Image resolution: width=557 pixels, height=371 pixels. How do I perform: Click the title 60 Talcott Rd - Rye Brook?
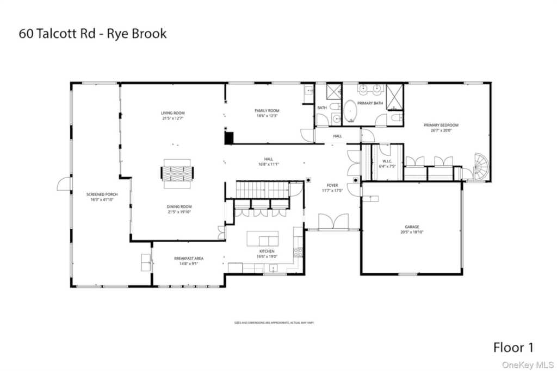coord(93,34)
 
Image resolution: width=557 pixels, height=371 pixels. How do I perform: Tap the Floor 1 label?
coord(513,347)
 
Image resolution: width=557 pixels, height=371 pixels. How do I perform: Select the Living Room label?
coord(173,116)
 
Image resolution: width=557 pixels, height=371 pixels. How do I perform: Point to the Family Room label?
coord(267,113)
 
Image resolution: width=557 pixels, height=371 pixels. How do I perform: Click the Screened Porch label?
coord(102,197)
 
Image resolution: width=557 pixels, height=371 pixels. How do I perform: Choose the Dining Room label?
coord(179,209)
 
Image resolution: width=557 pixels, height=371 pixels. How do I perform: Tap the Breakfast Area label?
coord(189,261)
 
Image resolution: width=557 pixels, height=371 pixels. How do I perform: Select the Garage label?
coord(412,229)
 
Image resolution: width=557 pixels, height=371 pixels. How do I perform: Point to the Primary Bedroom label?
coord(441,127)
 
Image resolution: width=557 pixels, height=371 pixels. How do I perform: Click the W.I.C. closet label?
coord(387,164)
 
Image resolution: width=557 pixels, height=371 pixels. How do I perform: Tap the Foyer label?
coord(332,187)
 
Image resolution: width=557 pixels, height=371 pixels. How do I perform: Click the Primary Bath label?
coord(370,103)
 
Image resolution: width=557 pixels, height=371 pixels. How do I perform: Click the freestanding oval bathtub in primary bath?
coord(350,111)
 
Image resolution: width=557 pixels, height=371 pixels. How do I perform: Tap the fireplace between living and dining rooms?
coord(177,174)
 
